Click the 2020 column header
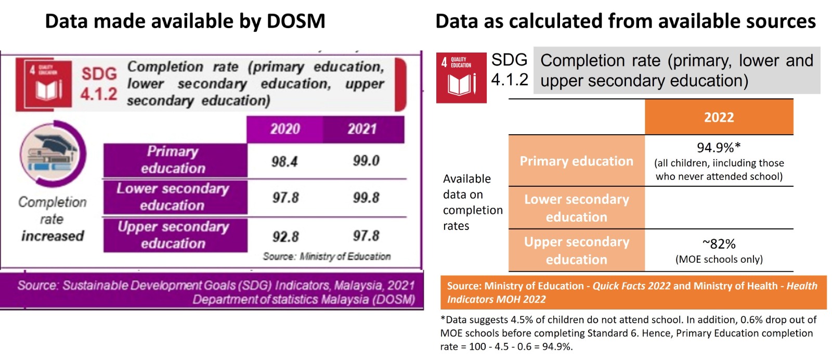(285, 129)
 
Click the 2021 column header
(362, 129)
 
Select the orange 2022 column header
(719, 118)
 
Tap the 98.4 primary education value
(284, 162)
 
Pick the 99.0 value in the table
(366, 161)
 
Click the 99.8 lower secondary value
(366, 198)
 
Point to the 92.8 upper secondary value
(285, 237)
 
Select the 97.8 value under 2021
(366, 236)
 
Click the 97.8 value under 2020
(285, 198)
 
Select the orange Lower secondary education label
(576, 208)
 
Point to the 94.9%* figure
(719, 148)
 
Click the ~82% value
(719, 244)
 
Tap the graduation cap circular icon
(53, 153)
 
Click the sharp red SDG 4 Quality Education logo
(461, 78)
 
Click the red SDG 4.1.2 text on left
(99, 83)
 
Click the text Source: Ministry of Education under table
(327, 256)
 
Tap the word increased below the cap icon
(53, 236)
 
